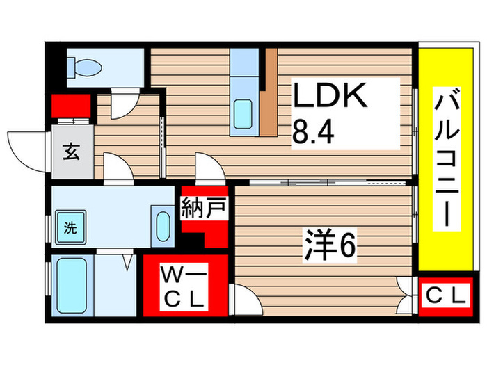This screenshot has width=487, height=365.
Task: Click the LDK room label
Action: tap(329, 97)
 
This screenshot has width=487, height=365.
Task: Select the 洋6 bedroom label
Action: tap(329, 243)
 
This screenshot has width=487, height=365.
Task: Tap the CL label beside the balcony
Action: tap(445, 295)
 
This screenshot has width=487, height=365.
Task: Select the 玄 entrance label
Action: tap(71, 151)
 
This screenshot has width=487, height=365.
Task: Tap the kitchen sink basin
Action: tap(243, 113)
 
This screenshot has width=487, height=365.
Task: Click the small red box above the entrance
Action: tap(71, 107)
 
